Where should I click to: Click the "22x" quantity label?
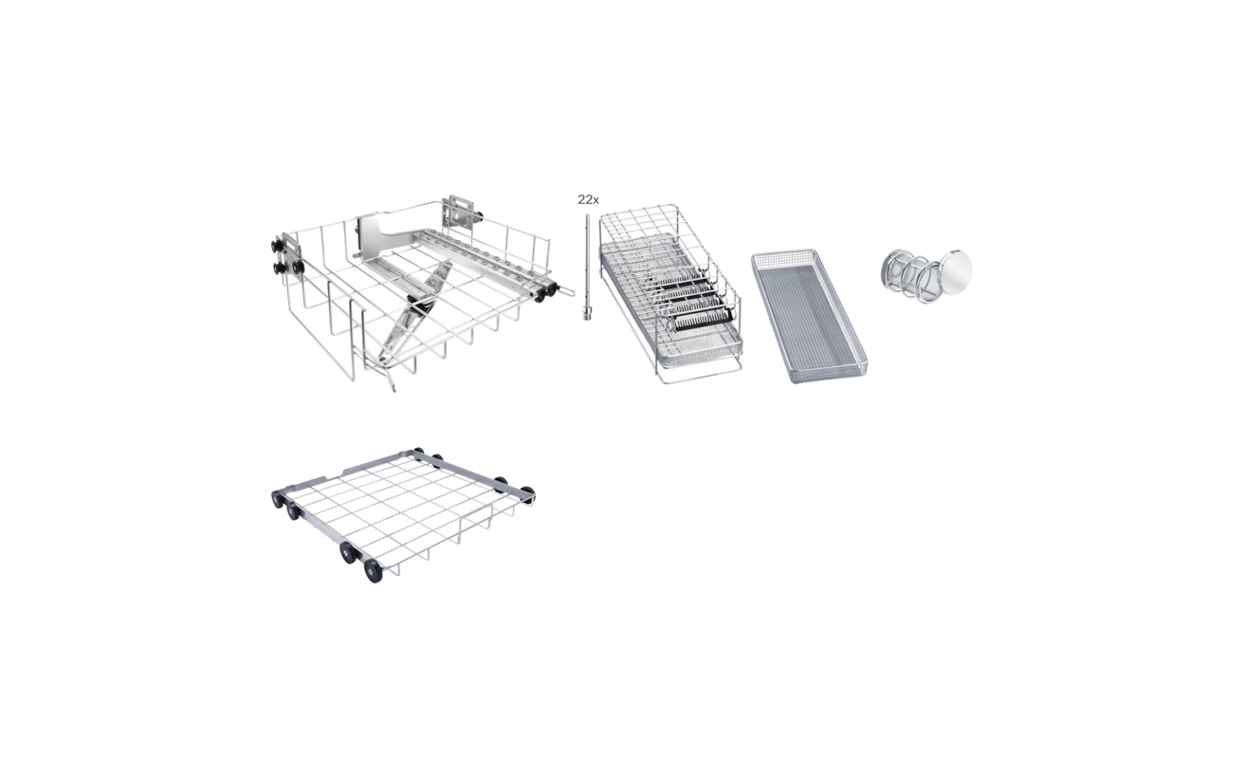[x=588, y=199]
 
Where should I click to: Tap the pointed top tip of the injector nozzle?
[x=587, y=216]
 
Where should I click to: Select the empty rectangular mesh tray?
[x=809, y=316]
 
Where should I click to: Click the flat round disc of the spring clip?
[x=955, y=271]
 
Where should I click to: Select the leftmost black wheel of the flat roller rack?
[x=277, y=498]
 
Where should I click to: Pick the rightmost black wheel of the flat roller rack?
[x=526, y=493]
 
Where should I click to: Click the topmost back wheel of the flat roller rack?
[x=417, y=452]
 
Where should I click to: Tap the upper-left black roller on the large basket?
[x=277, y=245]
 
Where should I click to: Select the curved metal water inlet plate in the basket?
[x=380, y=236]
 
